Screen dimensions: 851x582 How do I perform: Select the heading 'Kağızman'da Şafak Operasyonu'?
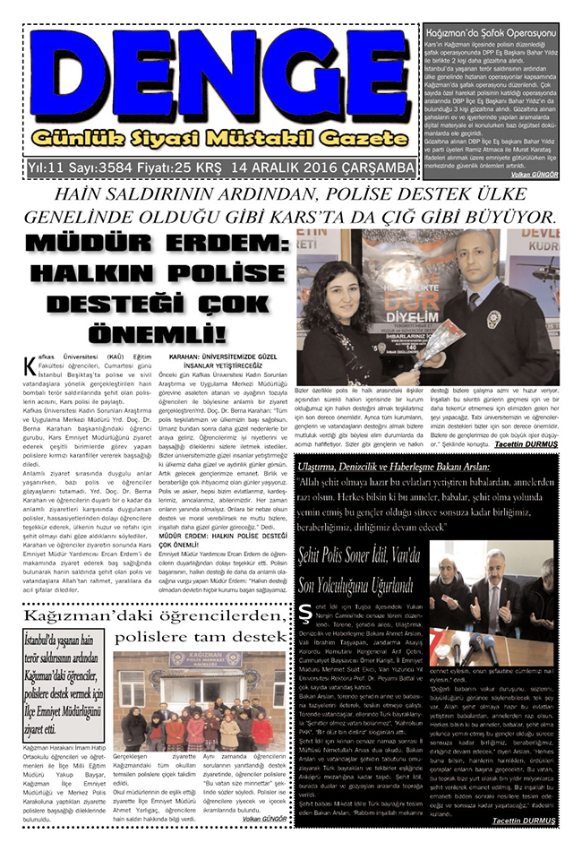pos(491,32)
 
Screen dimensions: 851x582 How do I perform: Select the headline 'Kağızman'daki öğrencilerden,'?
pos(147,616)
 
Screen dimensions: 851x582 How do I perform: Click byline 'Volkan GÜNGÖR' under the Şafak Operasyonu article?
pos(534,176)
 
